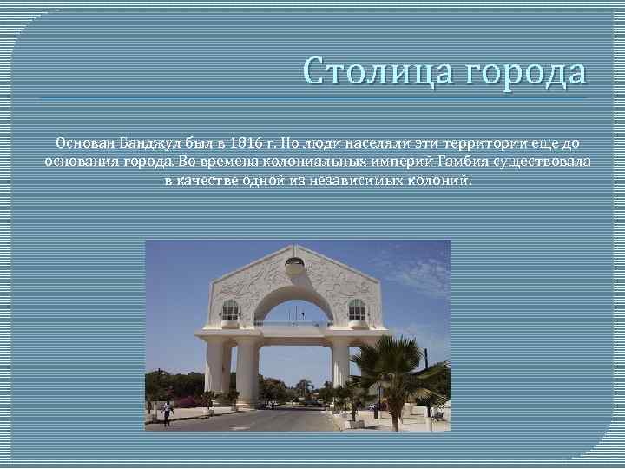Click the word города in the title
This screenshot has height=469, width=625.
[x=524, y=72]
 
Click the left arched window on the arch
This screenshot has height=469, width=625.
[x=230, y=311]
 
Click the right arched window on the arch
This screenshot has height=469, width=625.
[x=357, y=310]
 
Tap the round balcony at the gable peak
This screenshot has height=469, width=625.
[x=294, y=264]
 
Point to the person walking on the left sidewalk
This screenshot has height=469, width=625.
[x=167, y=413]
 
